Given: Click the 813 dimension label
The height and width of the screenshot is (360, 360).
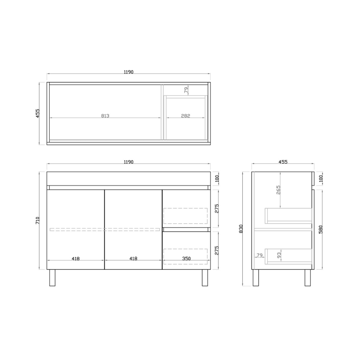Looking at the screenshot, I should tap(105, 116).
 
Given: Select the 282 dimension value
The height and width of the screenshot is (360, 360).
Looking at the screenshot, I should tap(186, 116).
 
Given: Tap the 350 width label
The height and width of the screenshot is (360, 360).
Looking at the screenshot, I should tap(186, 258).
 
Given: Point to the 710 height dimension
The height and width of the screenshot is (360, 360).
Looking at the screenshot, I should tap(38, 220).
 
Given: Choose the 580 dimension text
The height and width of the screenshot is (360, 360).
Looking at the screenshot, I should tap(322, 229).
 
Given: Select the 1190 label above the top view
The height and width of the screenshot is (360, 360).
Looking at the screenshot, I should tap(128, 72).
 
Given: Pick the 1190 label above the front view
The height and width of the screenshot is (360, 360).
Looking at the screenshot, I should tap(128, 162).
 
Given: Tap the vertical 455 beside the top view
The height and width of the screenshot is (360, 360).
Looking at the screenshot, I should tap(38, 113).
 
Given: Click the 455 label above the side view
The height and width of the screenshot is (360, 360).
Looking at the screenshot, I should tap(282, 162).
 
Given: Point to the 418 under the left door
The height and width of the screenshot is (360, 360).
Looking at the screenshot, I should tap(76, 258).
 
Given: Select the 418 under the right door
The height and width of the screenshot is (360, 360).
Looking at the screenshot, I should tap(133, 258).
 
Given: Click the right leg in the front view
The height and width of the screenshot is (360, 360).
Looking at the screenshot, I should tap(205, 277).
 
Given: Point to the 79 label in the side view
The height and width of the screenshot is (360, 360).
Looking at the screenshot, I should tap(259, 255).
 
